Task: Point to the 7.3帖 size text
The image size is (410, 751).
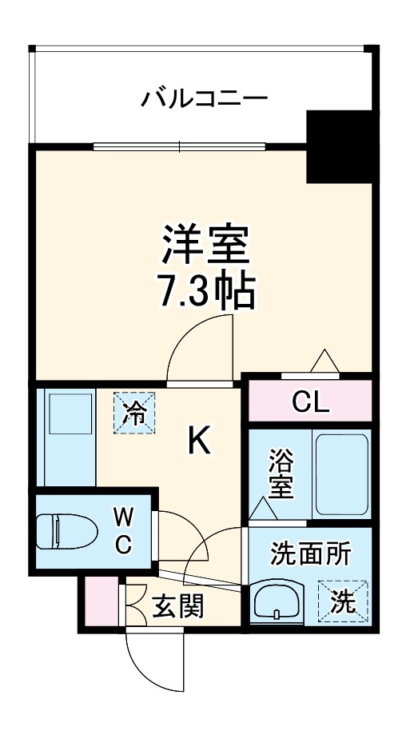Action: [206, 294]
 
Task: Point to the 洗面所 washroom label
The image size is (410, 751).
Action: [310, 553]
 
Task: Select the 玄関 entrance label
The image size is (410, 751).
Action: [178, 606]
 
